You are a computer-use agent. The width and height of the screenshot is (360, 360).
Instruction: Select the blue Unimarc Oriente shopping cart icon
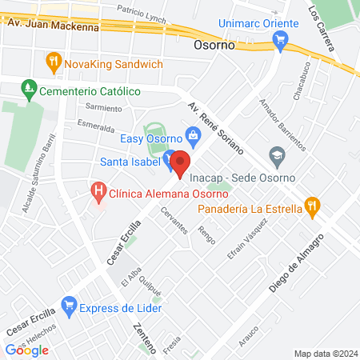click(279, 46)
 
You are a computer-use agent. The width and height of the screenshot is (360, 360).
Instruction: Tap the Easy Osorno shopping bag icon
click(192, 134)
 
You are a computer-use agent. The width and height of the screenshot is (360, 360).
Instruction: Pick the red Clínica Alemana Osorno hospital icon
click(98, 190)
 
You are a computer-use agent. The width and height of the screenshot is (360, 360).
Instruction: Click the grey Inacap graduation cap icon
click(277, 154)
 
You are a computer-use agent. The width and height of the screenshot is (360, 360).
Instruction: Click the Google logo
click(26, 350)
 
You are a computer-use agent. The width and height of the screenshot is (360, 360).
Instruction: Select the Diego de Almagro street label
click(295, 264)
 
